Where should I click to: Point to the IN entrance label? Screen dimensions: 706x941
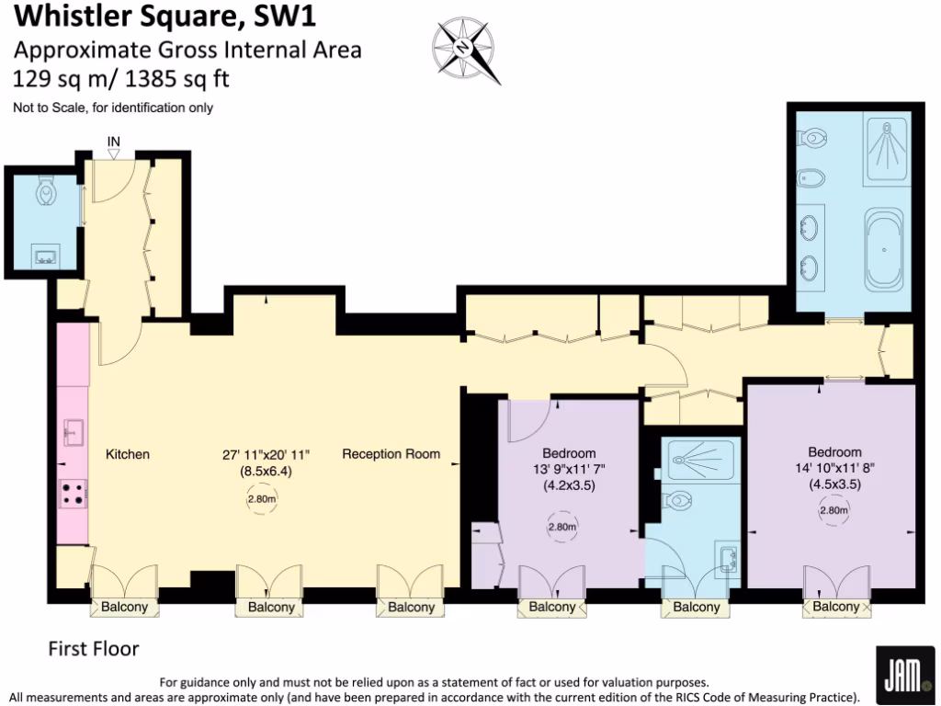click(x=114, y=141)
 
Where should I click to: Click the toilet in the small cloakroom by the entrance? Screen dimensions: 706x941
click(x=45, y=192)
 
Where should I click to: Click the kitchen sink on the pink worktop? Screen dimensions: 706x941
click(x=74, y=429)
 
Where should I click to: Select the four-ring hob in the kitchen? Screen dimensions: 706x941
click(x=74, y=494)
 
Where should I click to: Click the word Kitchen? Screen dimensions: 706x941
click(x=128, y=454)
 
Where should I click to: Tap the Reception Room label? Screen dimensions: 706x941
click(x=391, y=454)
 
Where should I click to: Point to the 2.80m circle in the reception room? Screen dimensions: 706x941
click(x=261, y=499)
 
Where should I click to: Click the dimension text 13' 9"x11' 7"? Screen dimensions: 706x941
click(x=569, y=470)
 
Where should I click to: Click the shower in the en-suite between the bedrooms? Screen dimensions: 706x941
click(x=701, y=459)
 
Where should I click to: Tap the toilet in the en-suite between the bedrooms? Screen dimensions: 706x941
click(x=679, y=502)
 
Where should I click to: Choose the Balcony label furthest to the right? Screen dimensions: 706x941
click(x=835, y=607)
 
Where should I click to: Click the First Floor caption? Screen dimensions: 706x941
click(x=93, y=649)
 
